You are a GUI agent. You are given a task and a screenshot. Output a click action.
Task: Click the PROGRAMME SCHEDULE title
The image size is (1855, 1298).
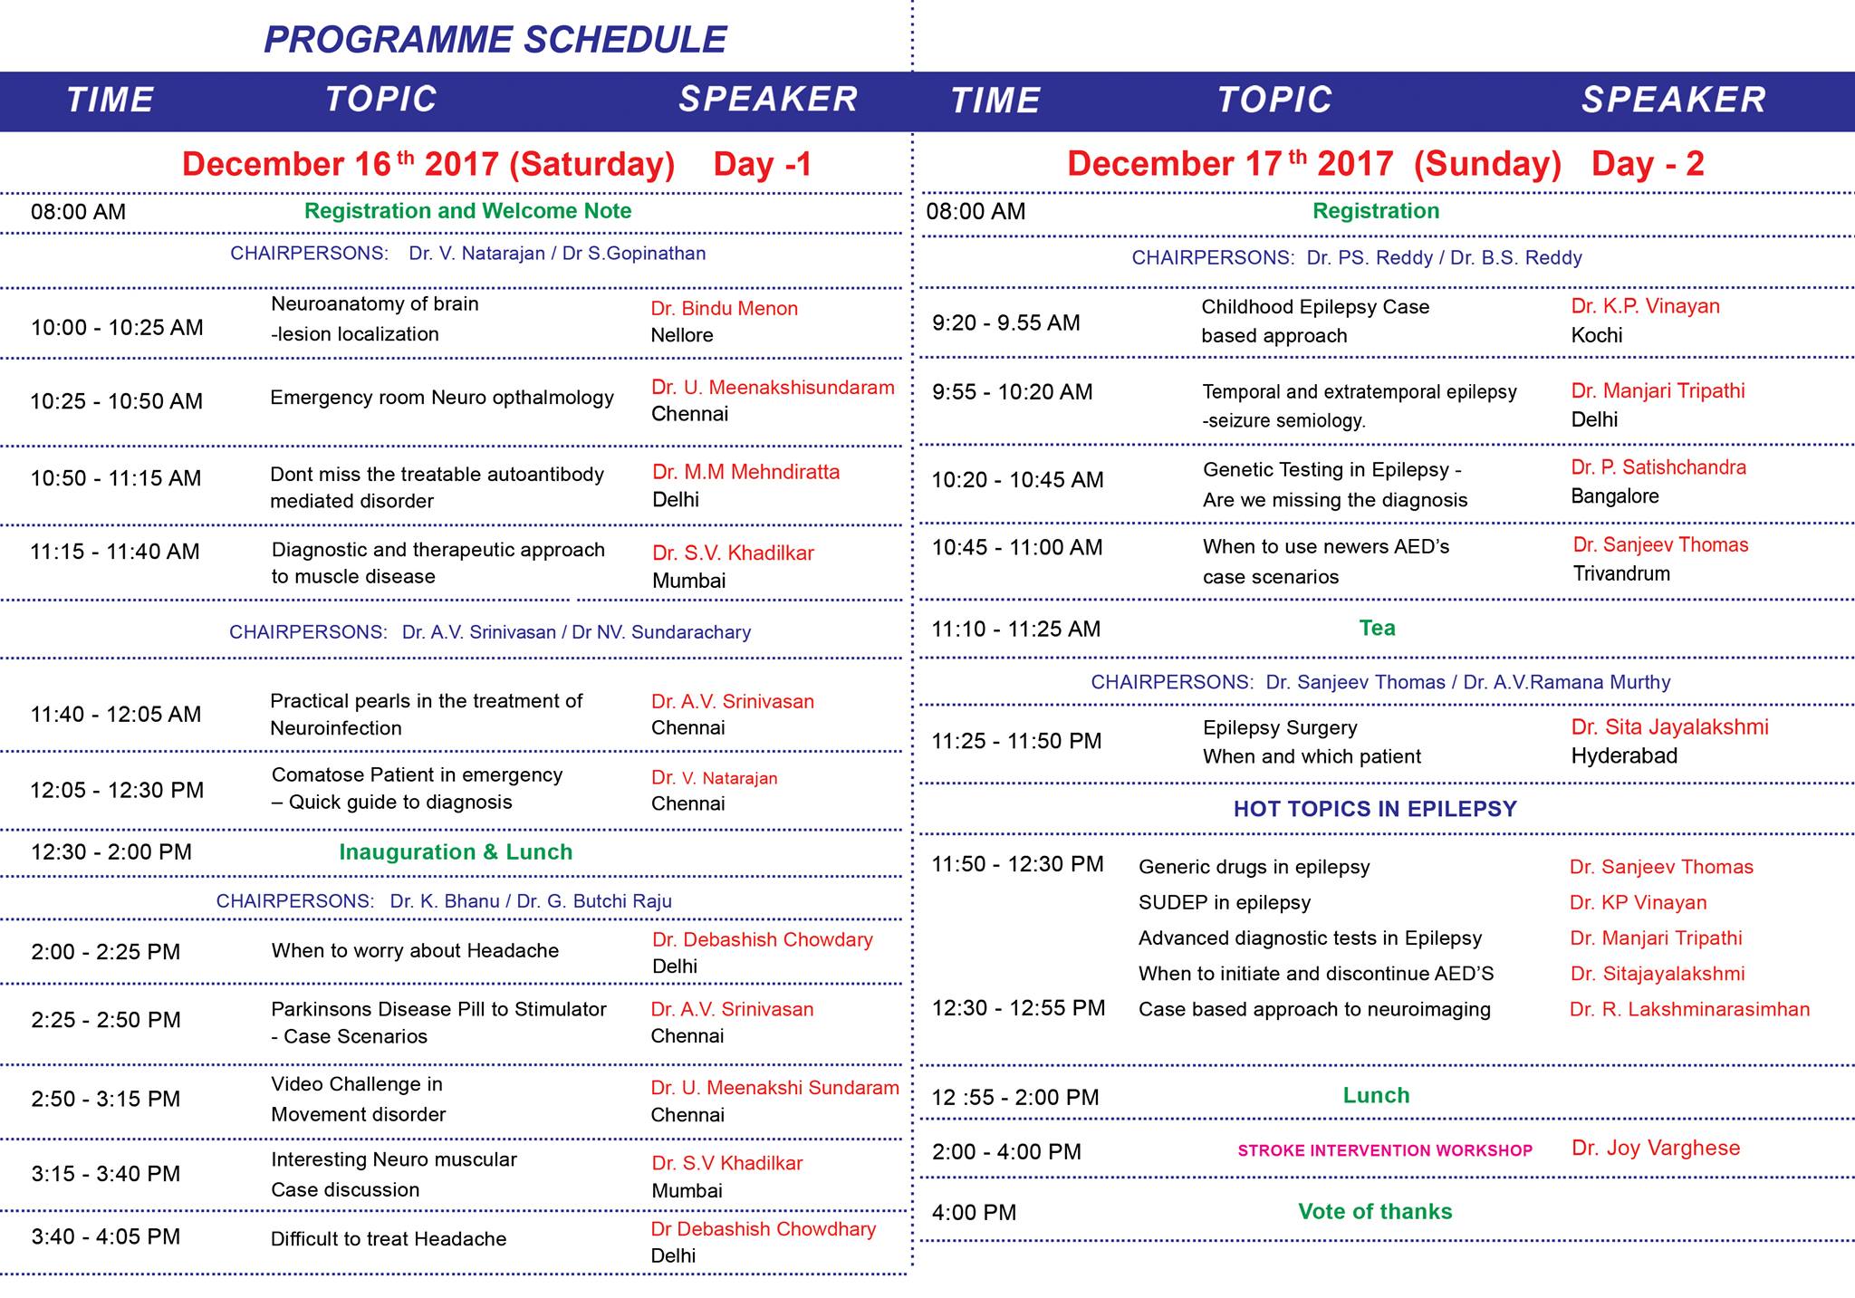tap(495, 40)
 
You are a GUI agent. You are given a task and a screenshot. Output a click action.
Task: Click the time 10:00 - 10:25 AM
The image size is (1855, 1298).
tap(117, 327)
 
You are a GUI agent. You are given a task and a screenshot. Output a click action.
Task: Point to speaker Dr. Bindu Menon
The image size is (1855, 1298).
tap(725, 308)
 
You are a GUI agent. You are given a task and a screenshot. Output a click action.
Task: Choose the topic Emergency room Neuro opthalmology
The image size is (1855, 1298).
tap(442, 398)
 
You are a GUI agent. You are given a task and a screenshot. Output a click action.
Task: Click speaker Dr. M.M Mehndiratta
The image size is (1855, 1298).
tap(745, 472)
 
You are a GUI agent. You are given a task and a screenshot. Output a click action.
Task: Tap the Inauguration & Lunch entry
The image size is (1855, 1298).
tap(456, 852)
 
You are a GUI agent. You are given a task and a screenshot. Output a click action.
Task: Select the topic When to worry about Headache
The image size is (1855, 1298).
tap(415, 951)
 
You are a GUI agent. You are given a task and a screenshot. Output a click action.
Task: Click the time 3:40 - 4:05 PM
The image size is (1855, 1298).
tap(105, 1237)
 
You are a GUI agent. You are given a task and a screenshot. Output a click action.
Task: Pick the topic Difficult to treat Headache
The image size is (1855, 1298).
tap(389, 1239)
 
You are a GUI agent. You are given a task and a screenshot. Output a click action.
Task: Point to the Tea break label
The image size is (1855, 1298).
tap(1377, 628)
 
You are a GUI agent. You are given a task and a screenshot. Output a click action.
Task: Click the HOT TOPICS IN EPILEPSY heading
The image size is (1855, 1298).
tap(1375, 809)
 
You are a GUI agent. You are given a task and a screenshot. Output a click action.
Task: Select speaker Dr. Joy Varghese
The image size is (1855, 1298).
tap(1656, 1149)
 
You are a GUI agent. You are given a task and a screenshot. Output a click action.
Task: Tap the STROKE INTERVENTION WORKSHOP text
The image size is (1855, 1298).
tap(1385, 1150)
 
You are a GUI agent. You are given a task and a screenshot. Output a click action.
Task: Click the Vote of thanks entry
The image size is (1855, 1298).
tap(1375, 1212)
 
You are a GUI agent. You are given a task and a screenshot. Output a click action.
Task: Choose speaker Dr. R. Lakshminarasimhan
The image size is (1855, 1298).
tap(1689, 1009)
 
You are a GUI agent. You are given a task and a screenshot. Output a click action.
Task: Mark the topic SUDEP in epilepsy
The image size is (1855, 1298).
tap(1225, 903)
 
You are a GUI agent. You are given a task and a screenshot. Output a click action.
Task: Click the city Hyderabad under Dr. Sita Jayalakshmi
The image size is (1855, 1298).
tap(1624, 756)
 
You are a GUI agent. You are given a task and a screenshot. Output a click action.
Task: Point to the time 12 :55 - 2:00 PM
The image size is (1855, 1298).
tap(1015, 1098)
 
